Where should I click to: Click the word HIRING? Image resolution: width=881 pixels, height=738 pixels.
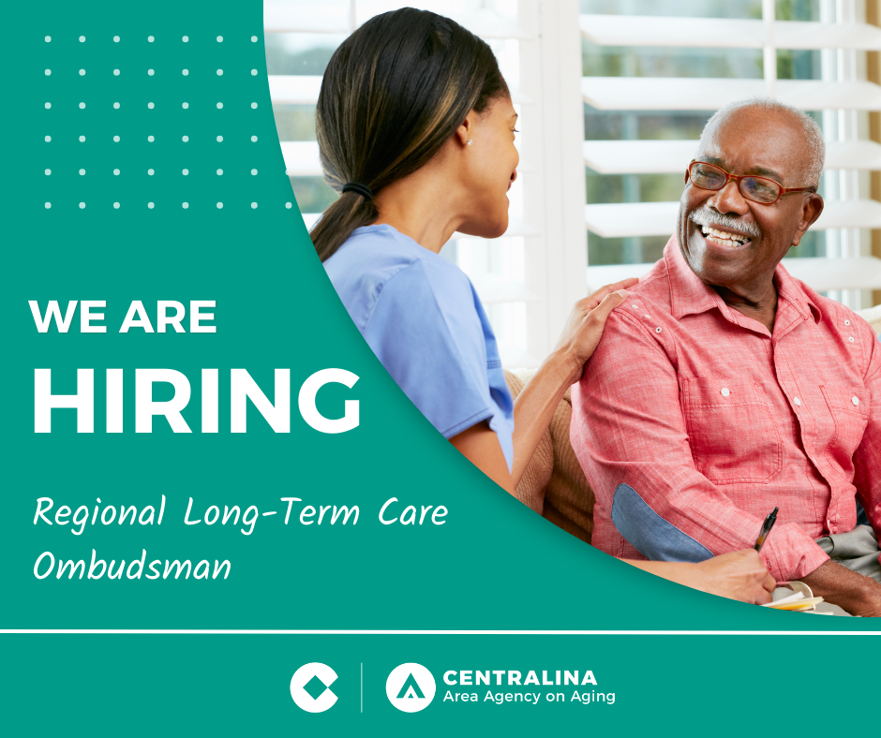(197, 401)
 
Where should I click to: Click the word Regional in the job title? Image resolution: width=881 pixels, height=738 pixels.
(99, 513)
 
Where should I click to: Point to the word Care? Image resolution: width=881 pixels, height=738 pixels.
(413, 512)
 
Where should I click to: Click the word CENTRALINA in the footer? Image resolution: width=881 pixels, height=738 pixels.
(520, 678)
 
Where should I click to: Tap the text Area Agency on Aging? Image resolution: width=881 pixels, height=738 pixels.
(529, 697)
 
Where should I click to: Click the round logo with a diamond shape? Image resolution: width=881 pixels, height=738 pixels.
(314, 687)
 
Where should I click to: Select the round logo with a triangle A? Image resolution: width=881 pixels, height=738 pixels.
(411, 687)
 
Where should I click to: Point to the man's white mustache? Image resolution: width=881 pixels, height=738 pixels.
(724, 222)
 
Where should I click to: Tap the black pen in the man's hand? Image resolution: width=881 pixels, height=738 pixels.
(766, 529)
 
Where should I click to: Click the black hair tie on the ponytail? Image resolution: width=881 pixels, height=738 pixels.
(357, 190)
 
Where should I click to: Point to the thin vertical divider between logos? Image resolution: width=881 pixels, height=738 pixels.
(361, 687)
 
